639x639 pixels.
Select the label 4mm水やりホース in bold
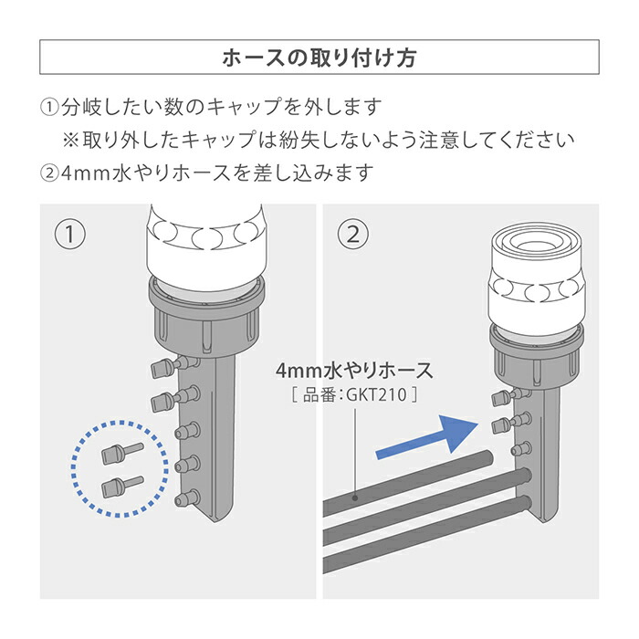[354, 372]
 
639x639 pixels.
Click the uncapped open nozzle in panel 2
[528, 449]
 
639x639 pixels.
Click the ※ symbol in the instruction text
[71, 140]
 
